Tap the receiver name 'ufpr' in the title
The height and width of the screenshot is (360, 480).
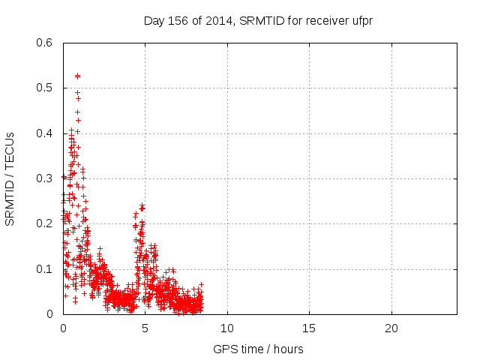[361, 20]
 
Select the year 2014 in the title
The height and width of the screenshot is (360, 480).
[217, 20]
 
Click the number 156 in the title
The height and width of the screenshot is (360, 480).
[178, 20]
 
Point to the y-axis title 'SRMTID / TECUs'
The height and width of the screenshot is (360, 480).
[10, 178]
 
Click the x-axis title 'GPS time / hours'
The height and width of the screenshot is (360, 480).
[258, 349]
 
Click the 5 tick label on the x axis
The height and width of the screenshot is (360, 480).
[145, 328]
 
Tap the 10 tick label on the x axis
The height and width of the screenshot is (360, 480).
[226, 328]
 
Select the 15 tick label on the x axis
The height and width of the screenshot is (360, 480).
[309, 328]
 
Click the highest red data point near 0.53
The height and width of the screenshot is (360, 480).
[77, 76]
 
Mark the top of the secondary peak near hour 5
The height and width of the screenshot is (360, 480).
[142, 205]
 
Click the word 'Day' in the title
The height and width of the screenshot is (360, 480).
[154, 20]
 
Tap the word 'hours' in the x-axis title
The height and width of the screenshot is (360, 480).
[289, 349]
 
